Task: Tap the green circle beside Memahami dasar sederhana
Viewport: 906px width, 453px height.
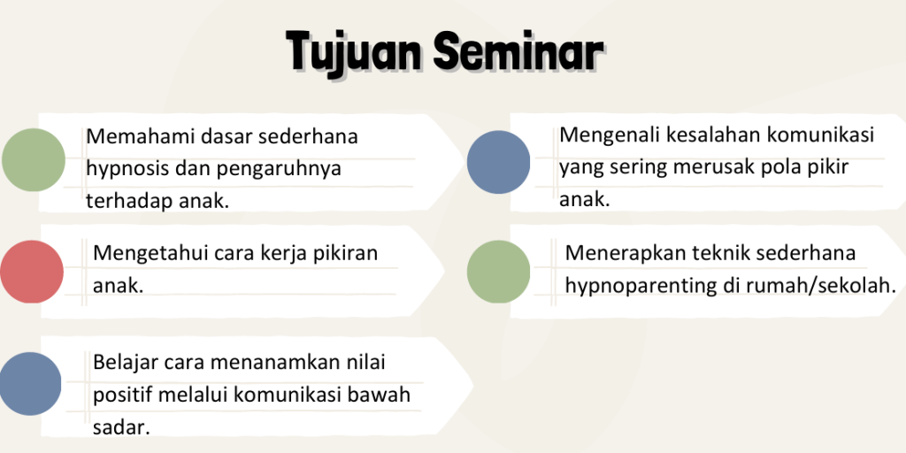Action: pyautogui.click(x=34, y=160)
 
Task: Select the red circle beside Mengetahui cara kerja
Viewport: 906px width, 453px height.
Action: pyautogui.click(x=31, y=272)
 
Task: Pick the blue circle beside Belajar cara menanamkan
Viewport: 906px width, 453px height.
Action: pyautogui.click(x=30, y=384)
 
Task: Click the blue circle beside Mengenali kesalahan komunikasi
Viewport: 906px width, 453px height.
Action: pyautogui.click(x=498, y=163)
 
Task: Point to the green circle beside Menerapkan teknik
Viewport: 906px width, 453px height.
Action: pyautogui.click(x=498, y=272)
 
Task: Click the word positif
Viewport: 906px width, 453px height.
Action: pyautogui.click(x=122, y=396)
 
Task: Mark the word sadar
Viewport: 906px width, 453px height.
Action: pyautogui.click(x=121, y=427)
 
